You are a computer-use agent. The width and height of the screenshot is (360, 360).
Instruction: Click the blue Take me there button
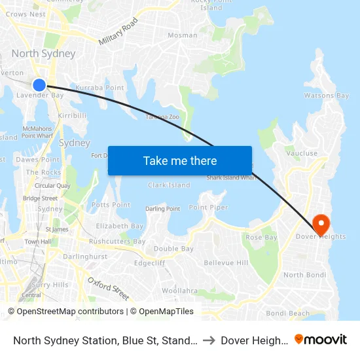click(x=180, y=160)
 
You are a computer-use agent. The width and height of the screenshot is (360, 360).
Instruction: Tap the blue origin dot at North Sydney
click(x=39, y=84)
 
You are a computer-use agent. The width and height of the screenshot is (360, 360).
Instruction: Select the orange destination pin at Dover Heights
click(x=321, y=224)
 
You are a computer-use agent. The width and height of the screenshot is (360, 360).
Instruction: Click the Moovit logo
click(x=321, y=340)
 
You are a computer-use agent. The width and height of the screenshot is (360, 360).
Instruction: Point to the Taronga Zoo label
click(x=162, y=117)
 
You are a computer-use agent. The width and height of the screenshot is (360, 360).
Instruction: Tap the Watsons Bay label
click(x=326, y=96)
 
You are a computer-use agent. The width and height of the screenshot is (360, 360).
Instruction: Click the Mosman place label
click(x=182, y=35)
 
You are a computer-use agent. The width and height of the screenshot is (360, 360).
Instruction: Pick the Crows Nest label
click(x=25, y=14)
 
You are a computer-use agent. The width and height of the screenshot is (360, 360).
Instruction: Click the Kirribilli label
click(x=72, y=115)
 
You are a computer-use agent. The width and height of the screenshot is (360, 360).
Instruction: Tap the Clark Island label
click(x=169, y=185)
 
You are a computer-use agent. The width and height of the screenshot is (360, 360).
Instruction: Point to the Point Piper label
click(x=209, y=207)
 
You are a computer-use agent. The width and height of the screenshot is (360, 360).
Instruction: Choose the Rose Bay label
click(x=261, y=237)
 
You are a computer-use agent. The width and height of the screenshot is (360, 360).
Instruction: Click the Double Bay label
click(x=173, y=249)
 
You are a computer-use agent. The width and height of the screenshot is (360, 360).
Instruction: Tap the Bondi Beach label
click(x=287, y=313)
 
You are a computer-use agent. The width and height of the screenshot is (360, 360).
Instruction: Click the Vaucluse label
click(x=301, y=154)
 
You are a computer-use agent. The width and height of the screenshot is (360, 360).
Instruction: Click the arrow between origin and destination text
click(x=209, y=340)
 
